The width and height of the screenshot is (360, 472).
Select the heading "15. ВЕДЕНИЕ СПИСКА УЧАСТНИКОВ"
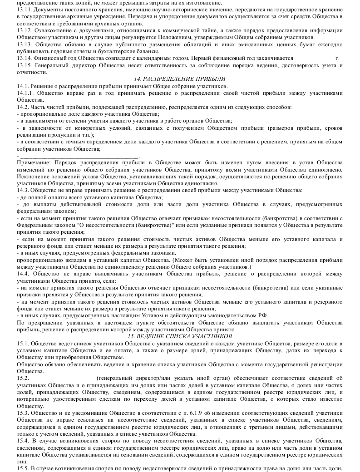[x=180, y=336]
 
